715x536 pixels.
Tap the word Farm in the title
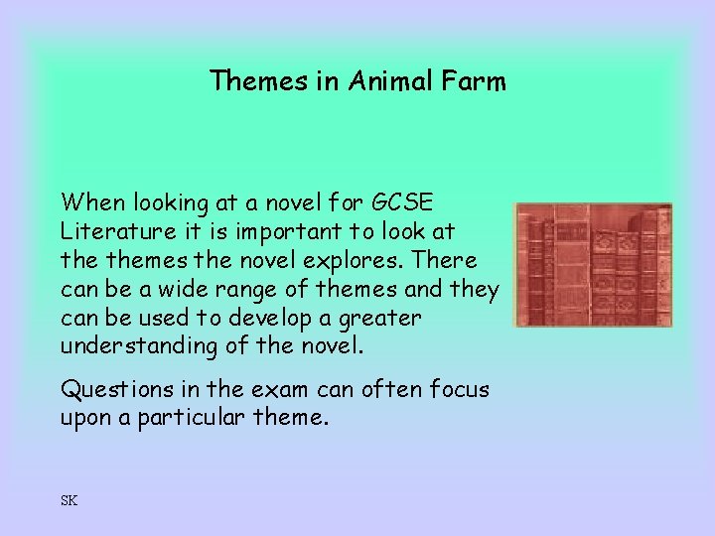pos(476,80)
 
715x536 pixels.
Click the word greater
pos(383,320)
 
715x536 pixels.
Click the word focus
pos(459,389)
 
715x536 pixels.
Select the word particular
pos(193,418)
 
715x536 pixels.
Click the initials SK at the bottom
pos(69,500)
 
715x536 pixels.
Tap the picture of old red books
pos(593,265)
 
